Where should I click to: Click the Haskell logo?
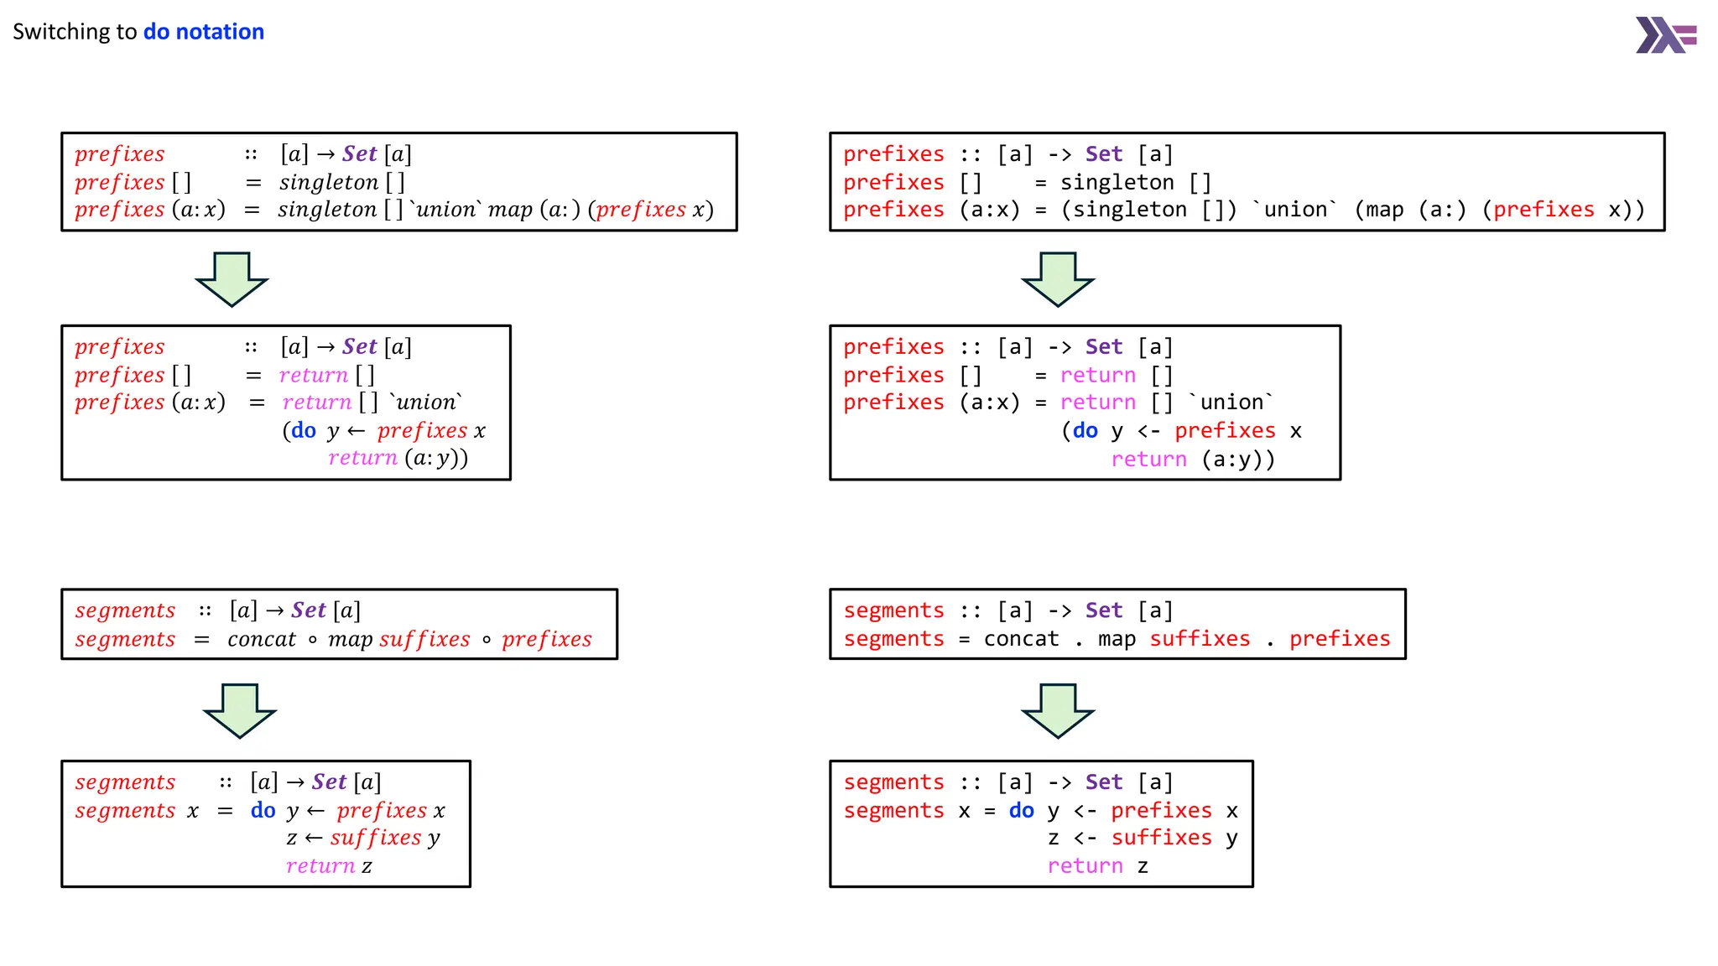pyautogui.click(x=1665, y=35)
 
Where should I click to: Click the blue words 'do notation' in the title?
pyautogui.click(x=204, y=32)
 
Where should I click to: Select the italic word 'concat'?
pyautogui.click(x=261, y=640)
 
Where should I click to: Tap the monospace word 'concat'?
pyautogui.click(x=1021, y=639)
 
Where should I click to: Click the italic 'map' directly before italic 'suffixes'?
pyautogui.click(x=350, y=640)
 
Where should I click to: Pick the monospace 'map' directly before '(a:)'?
pyautogui.click(x=1384, y=210)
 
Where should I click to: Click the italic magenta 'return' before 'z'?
pyautogui.click(x=320, y=866)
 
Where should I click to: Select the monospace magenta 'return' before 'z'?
pyautogui.click(x=1085, y=866)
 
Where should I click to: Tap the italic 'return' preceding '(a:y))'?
pyautogui.click(x=362, y=458)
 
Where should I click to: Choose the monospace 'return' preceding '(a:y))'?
pyautogui.click(x=1148, y=460)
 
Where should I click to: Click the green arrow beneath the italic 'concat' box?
pyautogui.click(x=240, y=710)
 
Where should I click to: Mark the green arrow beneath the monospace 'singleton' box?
pyautogui.click(x=1058, y=279)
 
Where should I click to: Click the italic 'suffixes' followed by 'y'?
pyautogui.click(x=376, y=838)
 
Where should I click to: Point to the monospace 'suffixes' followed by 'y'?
pyautogui.click(x=1161, y=838)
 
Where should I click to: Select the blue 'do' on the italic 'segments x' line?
pyautogui.click(x=263, y=810)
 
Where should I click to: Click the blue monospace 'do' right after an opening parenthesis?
pyautogui.click(x=1085, y=431)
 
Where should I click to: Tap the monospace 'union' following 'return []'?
pyautogui.click(x=1231, y=402)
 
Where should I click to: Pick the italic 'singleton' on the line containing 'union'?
pyautogui.click(x=327, y=210)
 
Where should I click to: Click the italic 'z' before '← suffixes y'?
pyautogui.click(x=291, y=839)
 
